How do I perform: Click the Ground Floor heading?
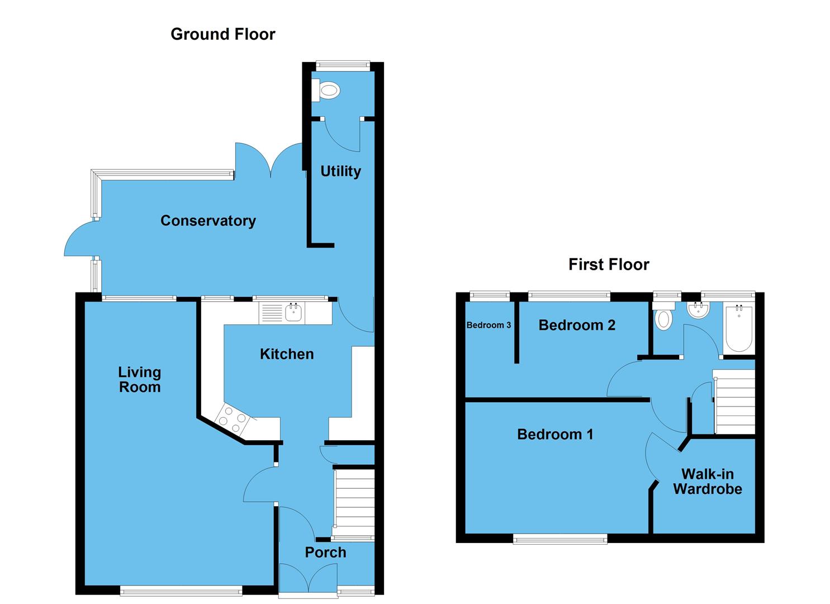coord(222,34)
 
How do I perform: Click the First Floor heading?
coord(609,264)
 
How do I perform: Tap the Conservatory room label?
coord(208,220)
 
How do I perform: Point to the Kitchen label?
coord(287,353)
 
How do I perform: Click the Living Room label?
coord(139,379)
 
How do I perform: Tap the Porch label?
coord(325,552)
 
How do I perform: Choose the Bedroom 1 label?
coord(555,434)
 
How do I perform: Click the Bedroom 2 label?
coord(577,325)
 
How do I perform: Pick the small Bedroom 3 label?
coord(488,325)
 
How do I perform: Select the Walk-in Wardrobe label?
coord(708,481)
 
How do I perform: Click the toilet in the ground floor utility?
coord(328,90)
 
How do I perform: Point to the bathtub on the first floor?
coord(739,329)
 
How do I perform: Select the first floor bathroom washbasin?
coord(698,310)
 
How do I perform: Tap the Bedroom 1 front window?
coord(560,539)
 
